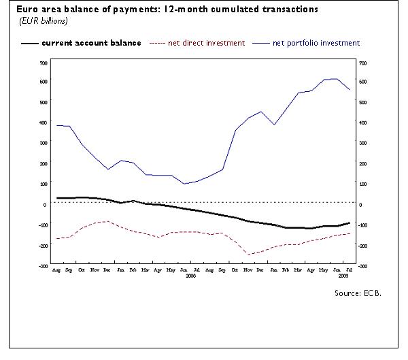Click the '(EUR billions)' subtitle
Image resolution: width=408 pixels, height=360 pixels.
click(x=43, y=22)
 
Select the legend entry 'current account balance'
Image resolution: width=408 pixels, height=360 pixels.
click(x=91, y=43)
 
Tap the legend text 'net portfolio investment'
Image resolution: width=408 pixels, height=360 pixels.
click(x=316, y=43)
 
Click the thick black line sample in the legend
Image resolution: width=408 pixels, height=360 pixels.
click(x=29, y=44)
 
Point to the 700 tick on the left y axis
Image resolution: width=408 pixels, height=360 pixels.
click(x=43, y=63)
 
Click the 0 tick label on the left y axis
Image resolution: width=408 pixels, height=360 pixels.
click(x=45, y=204)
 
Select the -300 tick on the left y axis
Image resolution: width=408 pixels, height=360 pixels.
click(x=42, y=266)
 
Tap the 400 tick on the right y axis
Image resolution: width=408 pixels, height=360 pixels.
click(x=362, y=123)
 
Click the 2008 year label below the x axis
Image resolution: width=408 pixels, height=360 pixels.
click(x=190, y=277)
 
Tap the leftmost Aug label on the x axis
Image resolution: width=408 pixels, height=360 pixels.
click(x=56, y=270)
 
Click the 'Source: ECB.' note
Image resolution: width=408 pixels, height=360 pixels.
click(x=358, y=293)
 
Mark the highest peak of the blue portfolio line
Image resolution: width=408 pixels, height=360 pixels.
click(x=337, y=79)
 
